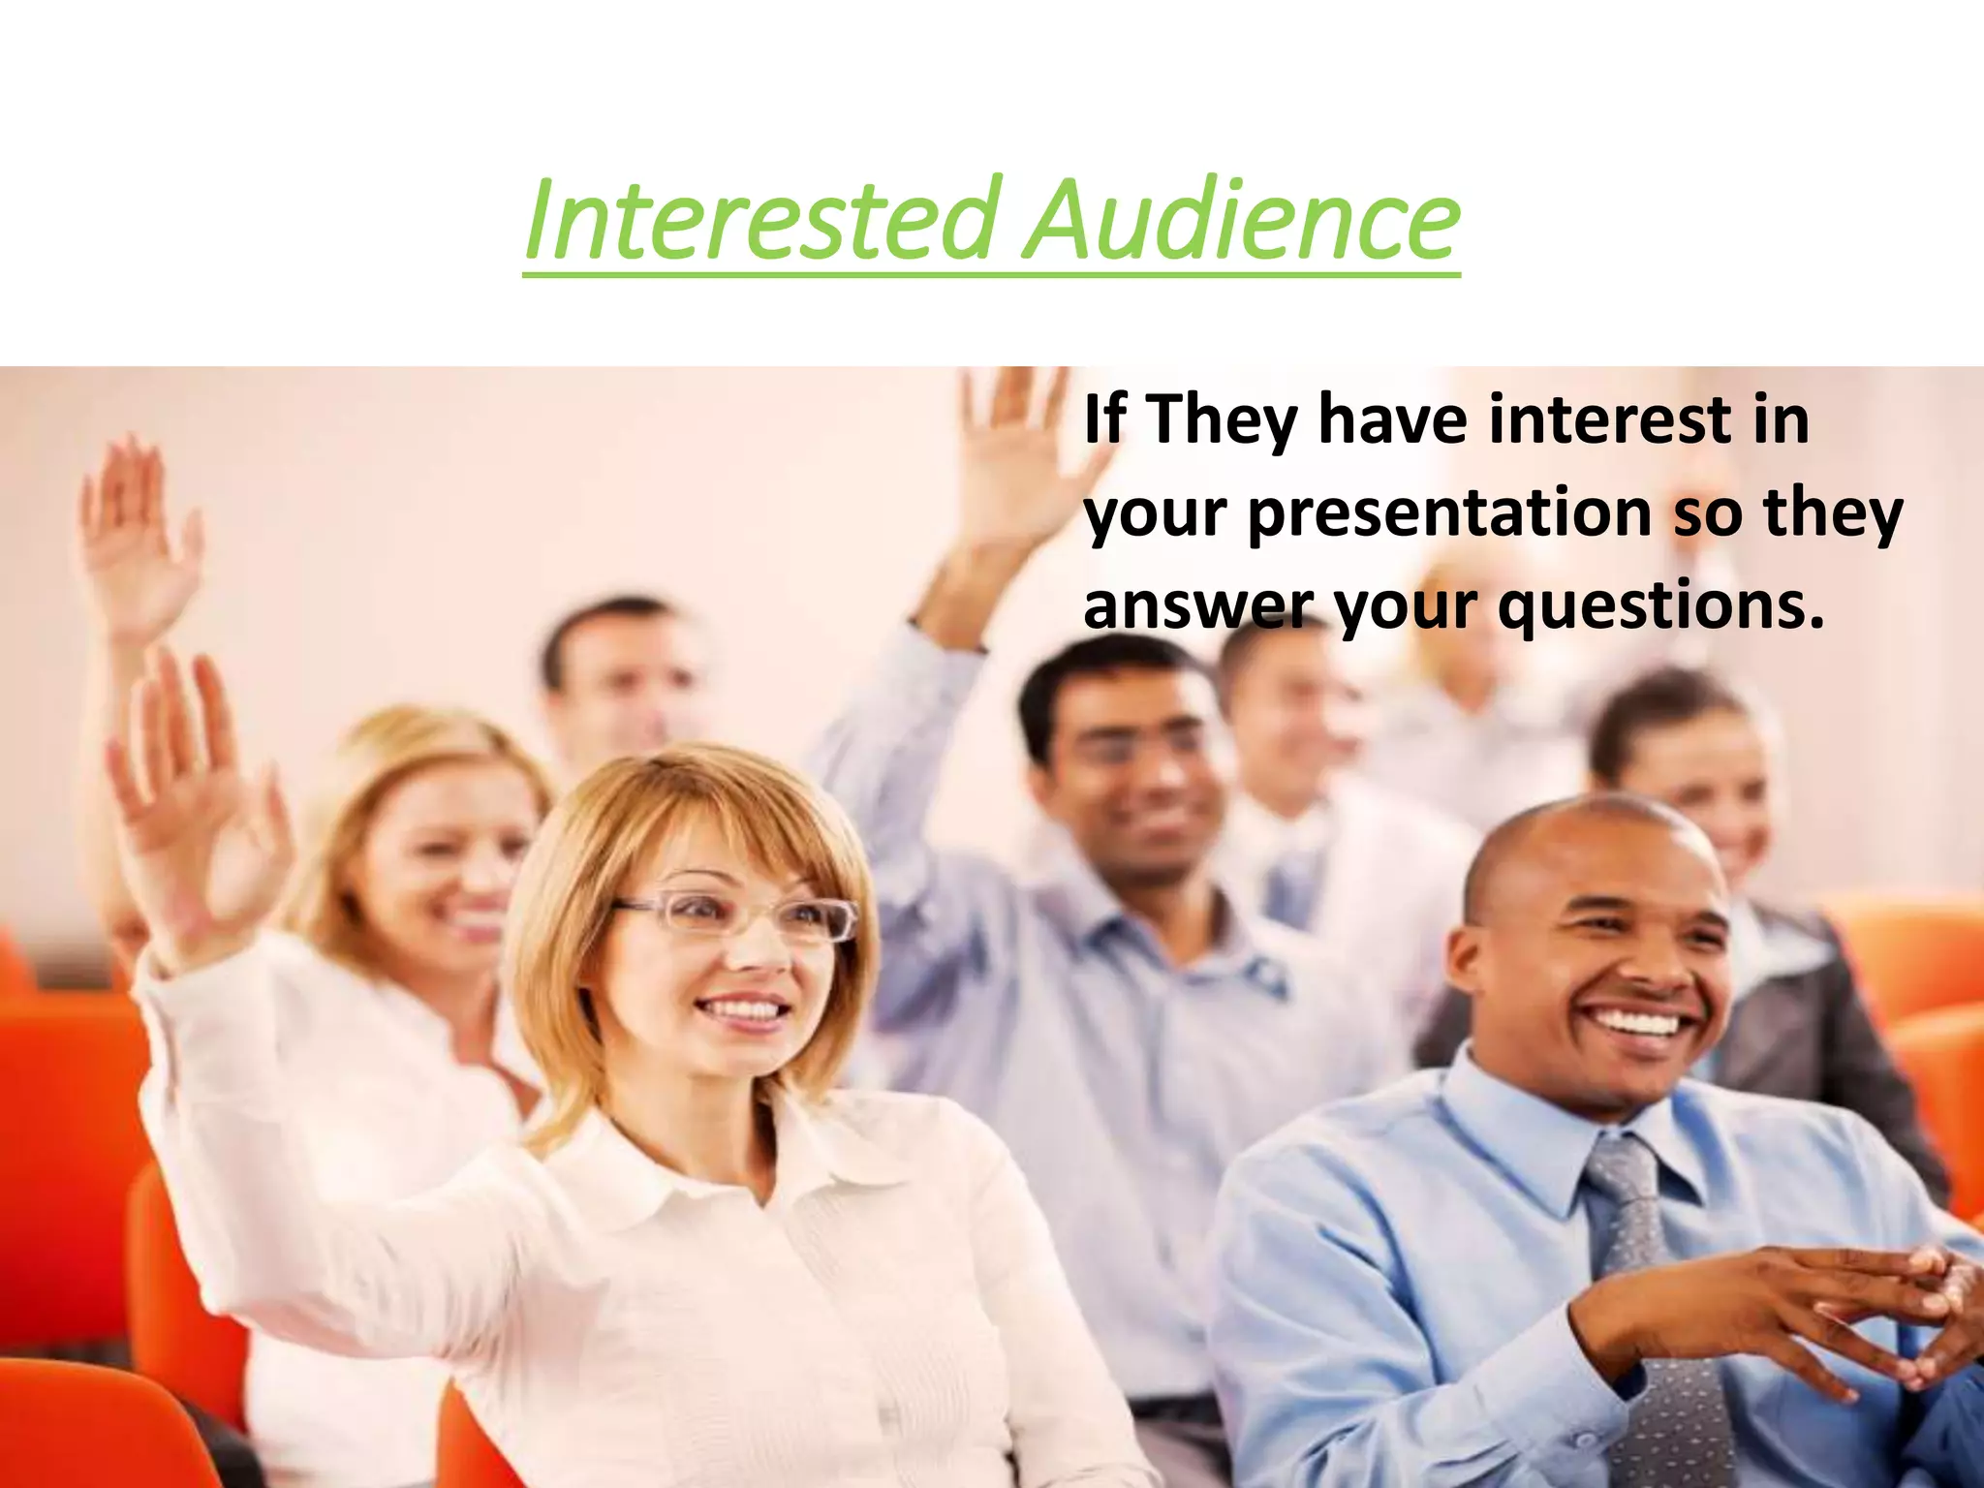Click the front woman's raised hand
[x=194, y=794]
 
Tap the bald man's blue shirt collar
[x=1511, y=1133]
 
